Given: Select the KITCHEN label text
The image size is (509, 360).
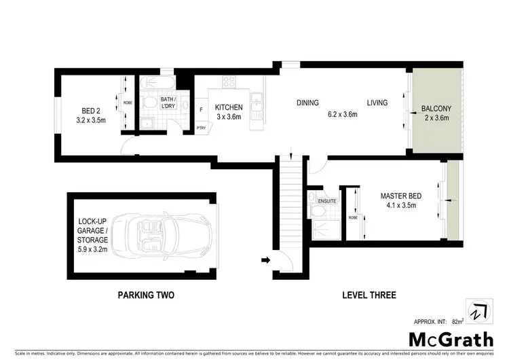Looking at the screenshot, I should pyautogui.click(x=229, y=107).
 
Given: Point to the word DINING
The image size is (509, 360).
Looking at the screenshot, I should pyautogui.click(x=307, y=103).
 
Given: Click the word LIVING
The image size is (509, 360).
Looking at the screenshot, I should pyautogui.click(x=377, y=103).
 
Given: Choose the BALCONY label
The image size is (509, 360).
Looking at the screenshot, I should pyautogui.click(x=436, y=109).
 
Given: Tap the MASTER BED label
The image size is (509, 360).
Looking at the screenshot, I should pyautogui.click(x=400, y=197).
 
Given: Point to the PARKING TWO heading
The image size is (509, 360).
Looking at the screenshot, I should pyautogui.click(x=145, y=295).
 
